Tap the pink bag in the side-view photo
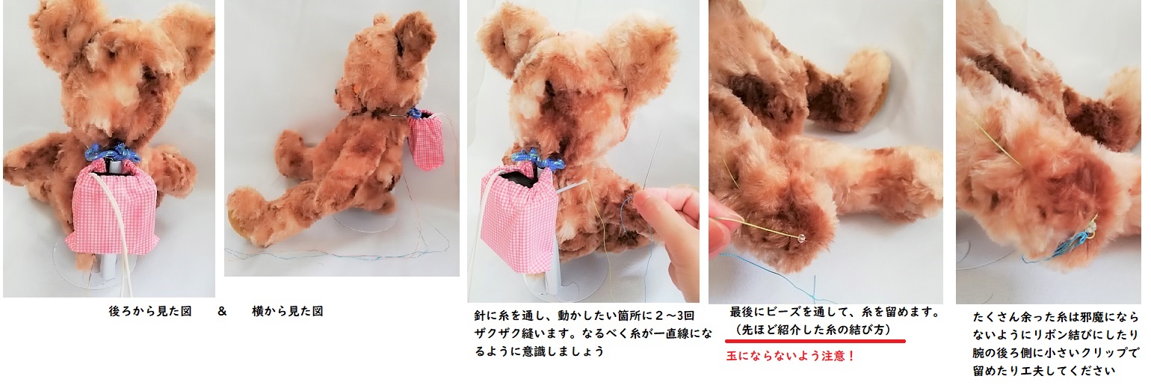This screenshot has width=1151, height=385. pos(427,140)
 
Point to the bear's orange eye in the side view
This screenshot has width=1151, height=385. pos(355,88)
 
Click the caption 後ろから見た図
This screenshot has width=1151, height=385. pos(150,312)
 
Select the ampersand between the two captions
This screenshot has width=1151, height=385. pos(222,312)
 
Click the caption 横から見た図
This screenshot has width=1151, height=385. pos(288,312)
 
